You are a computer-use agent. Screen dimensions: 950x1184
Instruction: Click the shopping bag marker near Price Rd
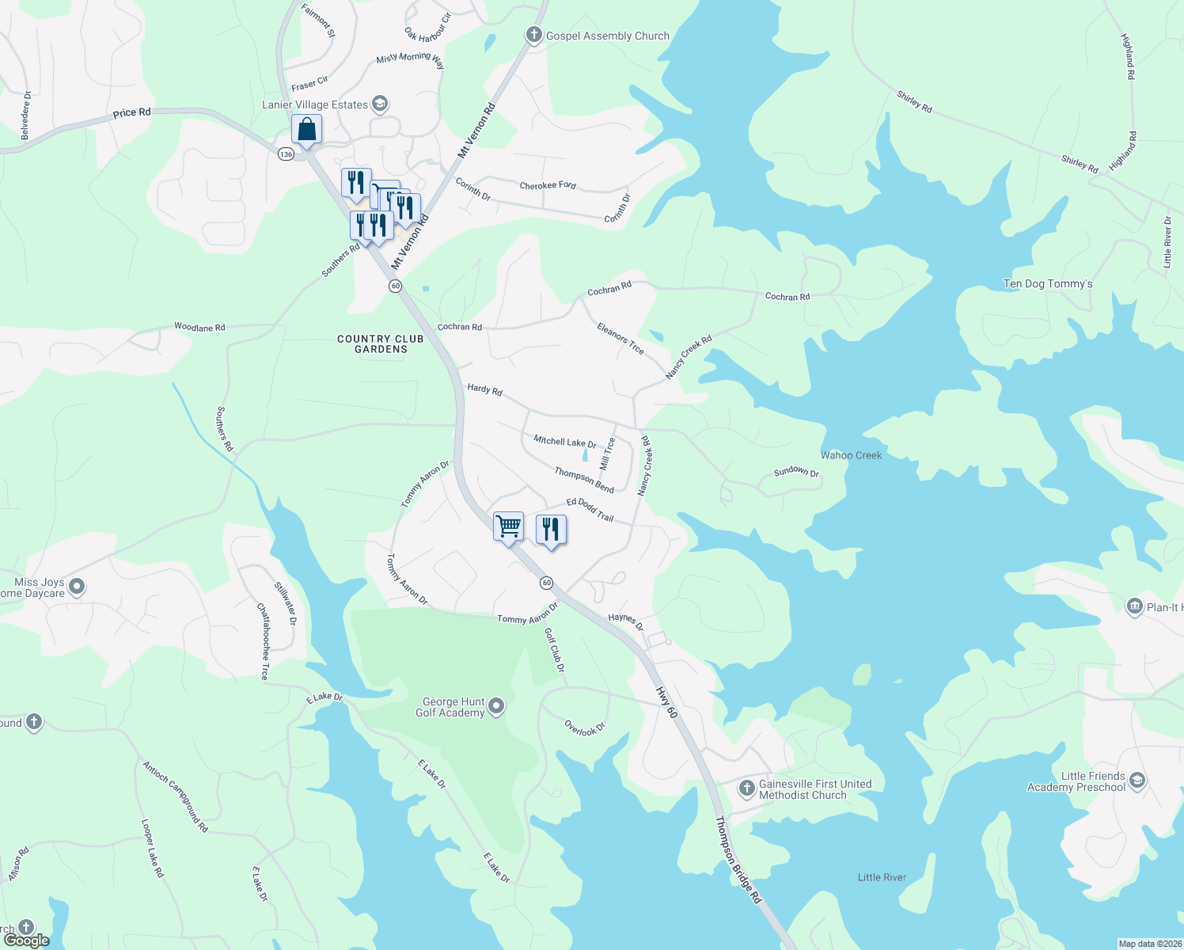coord(306,129)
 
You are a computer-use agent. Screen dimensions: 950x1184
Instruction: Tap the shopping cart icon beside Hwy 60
coord(508,526)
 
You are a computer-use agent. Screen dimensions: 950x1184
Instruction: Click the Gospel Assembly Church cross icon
coord(534,35)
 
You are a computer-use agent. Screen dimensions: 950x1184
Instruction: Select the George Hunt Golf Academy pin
coord(496,705)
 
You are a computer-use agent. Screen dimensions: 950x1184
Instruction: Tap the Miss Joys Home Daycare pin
coord(77,587)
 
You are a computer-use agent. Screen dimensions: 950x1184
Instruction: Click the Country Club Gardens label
coord(381,344)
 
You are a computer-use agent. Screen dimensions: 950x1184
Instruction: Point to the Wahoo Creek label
coord(851,455)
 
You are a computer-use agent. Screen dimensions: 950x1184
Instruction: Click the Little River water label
coord(882,877)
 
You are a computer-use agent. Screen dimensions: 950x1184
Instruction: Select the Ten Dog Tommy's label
coord(1048,283)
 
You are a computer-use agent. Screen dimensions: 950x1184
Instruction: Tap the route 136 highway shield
coord(286,154)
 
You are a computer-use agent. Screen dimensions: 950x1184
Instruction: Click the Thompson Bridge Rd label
coord(738,860)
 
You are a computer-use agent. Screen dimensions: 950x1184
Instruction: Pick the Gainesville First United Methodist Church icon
coord(746,788)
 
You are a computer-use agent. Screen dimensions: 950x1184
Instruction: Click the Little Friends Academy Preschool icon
coord(1137,781)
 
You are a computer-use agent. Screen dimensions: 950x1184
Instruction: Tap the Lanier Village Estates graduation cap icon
coord(380,104)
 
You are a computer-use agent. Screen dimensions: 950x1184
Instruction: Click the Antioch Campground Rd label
coord(176,796)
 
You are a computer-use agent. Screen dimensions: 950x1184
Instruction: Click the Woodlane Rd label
coord(199,327)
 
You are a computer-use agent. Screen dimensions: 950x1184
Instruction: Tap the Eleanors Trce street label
coord(620,338)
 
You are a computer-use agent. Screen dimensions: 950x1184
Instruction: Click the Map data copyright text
coord(1148,944)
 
